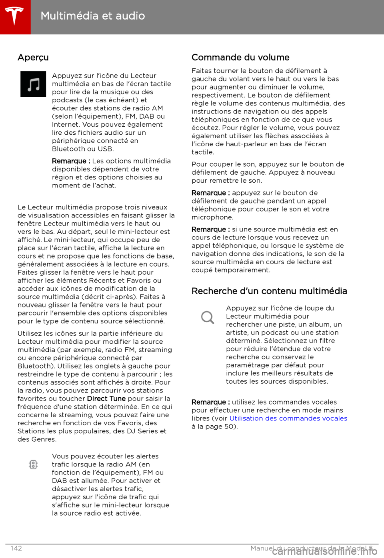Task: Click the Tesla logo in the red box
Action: coord(15,16)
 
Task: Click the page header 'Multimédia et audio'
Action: coord(93,16)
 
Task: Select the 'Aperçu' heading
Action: coord(33,58)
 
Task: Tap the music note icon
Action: coord(33,84)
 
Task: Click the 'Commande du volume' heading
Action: coord(240,58)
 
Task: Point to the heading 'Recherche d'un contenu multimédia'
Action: coord(269,291)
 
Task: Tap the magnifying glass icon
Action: coord(208,318)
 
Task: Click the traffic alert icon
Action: coord(34,464)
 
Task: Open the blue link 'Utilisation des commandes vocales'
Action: coord(288,418)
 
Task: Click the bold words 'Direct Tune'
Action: coord(106,399)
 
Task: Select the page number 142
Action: coord(16,548)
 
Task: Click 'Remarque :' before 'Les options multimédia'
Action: coord(71,161)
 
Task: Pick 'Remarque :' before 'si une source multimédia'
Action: coord(210,229)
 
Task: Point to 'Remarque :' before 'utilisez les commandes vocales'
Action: coord(210,402)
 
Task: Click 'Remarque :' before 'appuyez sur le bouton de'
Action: coord(210,193)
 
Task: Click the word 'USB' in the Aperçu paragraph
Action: coord(105,149)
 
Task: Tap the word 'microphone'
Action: coord(212,217)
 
